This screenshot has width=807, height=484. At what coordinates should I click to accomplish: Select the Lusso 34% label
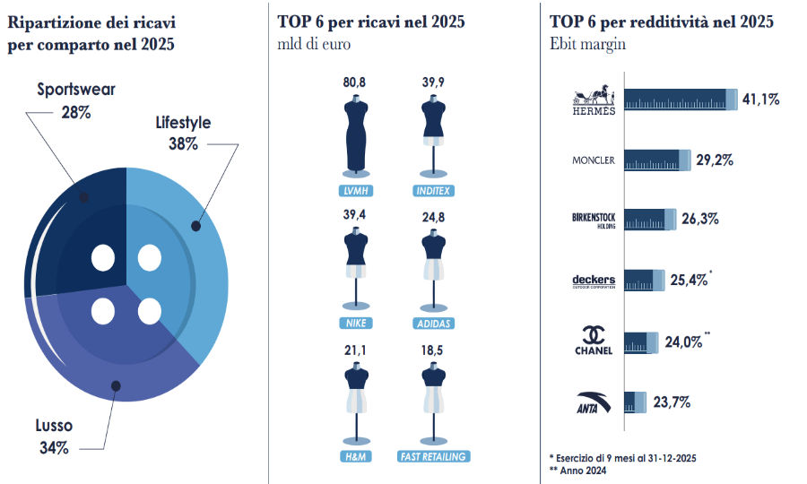click(55, 436)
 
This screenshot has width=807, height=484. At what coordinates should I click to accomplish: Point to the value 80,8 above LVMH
click(355, 82)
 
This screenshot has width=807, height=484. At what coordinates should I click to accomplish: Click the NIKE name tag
click(355, 324)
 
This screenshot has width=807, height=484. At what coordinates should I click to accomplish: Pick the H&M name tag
click(355, 456)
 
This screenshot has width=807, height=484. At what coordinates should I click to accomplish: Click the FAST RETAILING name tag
click(434, 456)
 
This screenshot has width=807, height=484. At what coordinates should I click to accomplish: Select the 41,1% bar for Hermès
click(680, 100)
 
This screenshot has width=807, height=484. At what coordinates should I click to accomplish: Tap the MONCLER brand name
click(594, 160)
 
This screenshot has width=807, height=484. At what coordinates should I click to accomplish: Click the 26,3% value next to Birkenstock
click(701, 219)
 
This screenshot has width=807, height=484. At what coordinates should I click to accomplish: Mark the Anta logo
click(594, 402)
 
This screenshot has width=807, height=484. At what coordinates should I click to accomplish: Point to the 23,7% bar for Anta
click(635, 402)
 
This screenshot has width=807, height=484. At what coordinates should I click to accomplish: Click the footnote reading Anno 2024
click(584, 470)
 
